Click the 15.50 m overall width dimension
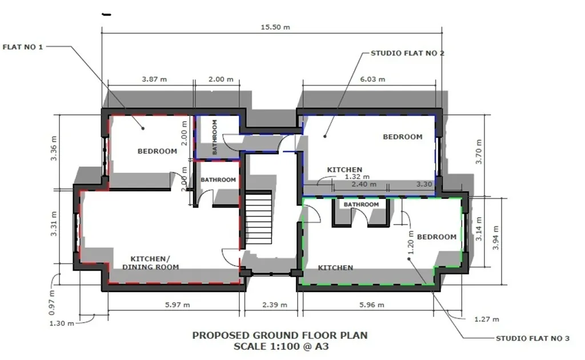[x=275, y=27]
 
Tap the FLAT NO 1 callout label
[x=23, y=47]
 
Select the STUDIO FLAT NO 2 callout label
[x=407, y=53]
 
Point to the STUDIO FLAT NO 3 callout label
[x=532, y=339]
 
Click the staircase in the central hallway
[x=259, y=218]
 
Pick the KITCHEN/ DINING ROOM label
[x=150, y=263]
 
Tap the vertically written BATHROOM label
[x=215, y=137]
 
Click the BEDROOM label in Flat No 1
[x=157, y=151]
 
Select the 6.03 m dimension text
[x=372, y=79]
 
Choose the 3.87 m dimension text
[x=154, y=79]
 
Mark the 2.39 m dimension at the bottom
[x=275, y=305]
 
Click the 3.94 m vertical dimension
[x=496, y=238]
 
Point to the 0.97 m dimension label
[x=51, y=302]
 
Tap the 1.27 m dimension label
[x=487, y=319]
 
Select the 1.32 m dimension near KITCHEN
[x=357, y=177]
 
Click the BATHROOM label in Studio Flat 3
[x=361, y=205]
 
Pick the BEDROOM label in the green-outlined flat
[x=436, y=237]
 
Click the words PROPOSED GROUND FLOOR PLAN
[x=280, y=335]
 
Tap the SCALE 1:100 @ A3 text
[x=281, y=346]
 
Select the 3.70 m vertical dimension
[x=479, y=151]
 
